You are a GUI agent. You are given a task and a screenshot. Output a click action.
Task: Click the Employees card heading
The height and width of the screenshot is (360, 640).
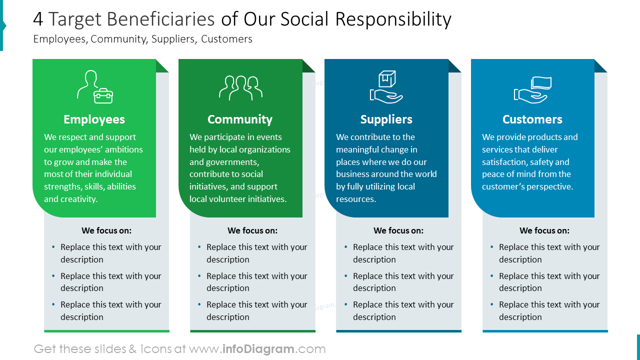[94, 119]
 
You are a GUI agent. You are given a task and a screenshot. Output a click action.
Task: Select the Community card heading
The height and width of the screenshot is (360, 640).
[240, 119]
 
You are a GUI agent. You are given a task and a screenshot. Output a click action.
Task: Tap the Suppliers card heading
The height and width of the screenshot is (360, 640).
[386, 119]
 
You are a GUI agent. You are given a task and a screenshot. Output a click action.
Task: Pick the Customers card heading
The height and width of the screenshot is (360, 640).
[532, 119]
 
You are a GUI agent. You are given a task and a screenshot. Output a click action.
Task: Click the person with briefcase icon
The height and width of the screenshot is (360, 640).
[94, 87]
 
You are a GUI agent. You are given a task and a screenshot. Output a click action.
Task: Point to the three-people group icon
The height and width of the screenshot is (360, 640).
[240, 88]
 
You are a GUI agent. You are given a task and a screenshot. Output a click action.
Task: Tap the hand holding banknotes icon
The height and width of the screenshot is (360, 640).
[532, 89]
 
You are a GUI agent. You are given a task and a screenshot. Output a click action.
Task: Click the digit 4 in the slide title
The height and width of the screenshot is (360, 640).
[38, 19]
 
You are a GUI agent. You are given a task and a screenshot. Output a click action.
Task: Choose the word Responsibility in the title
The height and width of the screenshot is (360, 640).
[393, 19]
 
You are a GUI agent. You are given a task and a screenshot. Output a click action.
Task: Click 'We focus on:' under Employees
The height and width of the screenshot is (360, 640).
[106, 230]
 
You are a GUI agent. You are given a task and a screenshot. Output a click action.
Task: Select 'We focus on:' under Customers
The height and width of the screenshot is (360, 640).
[544, 230]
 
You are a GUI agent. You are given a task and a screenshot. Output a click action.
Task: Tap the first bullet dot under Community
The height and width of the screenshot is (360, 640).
[199, 247]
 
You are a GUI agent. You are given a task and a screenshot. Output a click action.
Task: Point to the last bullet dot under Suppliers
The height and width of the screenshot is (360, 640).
[346, 304]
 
